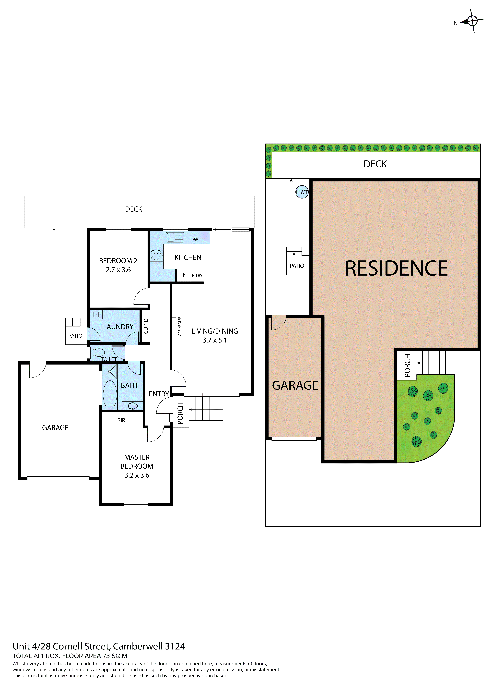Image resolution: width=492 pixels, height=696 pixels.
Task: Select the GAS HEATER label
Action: coord(180,326)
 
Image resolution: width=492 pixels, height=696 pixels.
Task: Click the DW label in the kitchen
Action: coord(194,239)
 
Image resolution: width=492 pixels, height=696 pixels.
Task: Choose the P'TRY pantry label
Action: coord(197,275)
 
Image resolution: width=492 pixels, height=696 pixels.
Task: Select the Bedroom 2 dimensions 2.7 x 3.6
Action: coord(118,270)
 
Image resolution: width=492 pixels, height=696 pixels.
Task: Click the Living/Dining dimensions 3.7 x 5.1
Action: coord(214,340)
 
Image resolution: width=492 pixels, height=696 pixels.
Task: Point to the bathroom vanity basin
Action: coord(132,406)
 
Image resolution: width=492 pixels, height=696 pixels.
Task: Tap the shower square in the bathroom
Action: coord(109,371)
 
